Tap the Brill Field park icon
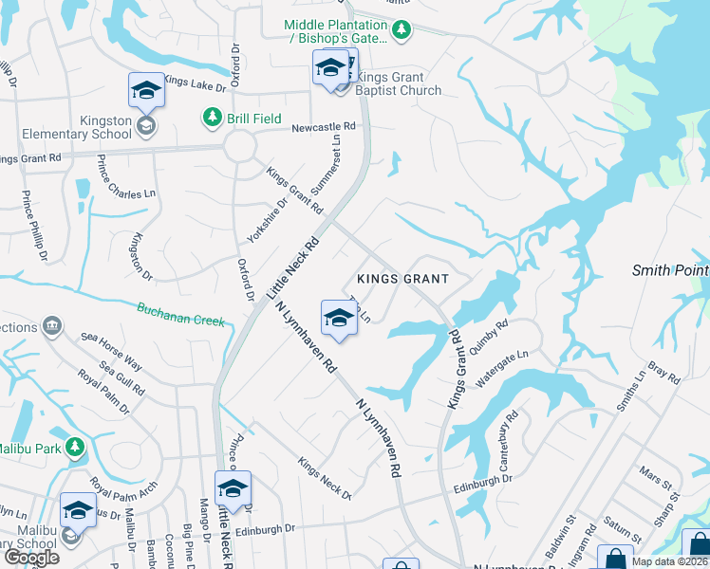click(x=211, y=118)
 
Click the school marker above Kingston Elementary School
click(x=146, y=92)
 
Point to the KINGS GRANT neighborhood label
click(x=414, y=279)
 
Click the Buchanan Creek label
click(x=180, y=314)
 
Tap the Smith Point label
click(x=670, y=270)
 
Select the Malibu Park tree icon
click(x=76, y=447)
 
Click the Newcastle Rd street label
click(x=323, y=126)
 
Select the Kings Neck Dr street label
click(x=325, y=479)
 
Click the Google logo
click(x=31, y=558)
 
